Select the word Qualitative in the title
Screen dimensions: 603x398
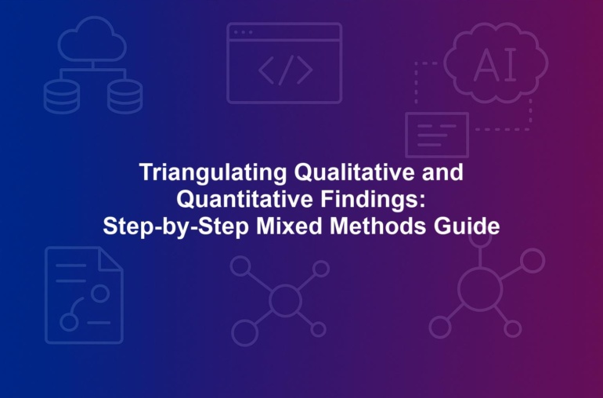(x=354, y=172)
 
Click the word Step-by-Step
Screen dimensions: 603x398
(x=175, y=226)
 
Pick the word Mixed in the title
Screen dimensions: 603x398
(x=289, y=226)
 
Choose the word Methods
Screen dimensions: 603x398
(x=378, y=226)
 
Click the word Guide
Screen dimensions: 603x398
(x=467, y=226)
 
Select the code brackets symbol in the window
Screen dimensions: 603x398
(x=285, y=70)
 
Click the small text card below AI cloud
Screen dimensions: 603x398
(x=437, y=135)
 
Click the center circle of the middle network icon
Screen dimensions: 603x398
(x=285, y=300)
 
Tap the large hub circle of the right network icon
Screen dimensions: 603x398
(x=480, y=288)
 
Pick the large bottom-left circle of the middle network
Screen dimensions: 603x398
(x=244, y=332)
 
